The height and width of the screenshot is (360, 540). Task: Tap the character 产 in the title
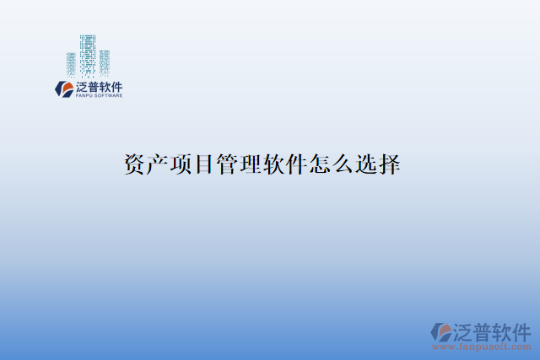(158, 164)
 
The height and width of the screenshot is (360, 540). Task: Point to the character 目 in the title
(204, 164)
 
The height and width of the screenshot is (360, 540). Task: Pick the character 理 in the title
(251, 164)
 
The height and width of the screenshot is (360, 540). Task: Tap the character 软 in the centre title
(274, 164)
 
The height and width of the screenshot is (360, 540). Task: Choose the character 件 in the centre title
(297, 164)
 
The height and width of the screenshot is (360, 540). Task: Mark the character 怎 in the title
(321, 164)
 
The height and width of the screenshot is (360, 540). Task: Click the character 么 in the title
(343, 164)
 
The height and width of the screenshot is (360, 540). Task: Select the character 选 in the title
(367, 164)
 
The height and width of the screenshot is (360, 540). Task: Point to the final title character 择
(390, 164)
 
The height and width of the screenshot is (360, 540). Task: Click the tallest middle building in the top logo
(88, 55)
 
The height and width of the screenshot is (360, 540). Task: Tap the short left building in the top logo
(72, 64)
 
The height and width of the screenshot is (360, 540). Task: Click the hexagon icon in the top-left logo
(63, 89)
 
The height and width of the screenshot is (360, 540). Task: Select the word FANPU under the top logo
(85, 96)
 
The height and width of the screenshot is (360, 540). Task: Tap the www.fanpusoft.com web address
(482, 347)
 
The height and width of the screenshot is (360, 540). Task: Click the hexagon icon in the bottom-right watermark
(440, 331)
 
